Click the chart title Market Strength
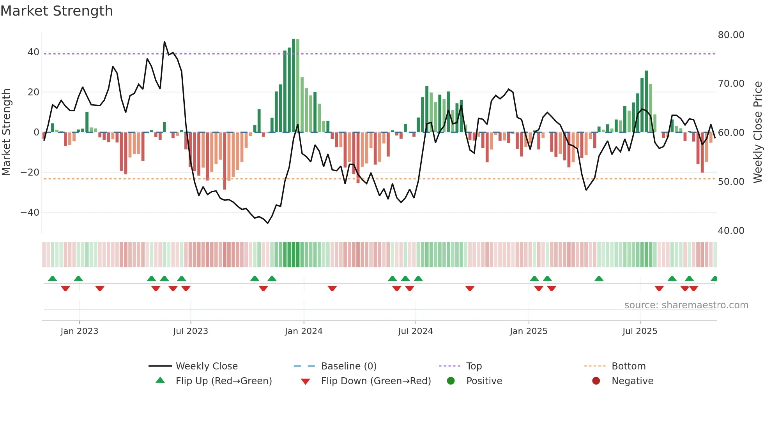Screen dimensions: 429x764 click(x=57, y=11)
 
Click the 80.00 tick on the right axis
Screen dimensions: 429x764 click(x=731, y=35)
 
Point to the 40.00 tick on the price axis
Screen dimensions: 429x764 click(x=731, y=231)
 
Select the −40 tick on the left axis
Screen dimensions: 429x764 click(x=30, y=213)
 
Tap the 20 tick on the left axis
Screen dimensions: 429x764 click(x=33, y=92)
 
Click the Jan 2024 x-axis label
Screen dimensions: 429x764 click(x=304, y=331)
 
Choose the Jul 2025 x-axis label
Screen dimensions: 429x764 click(x=640, y=331)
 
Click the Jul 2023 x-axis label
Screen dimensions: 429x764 click(x=191, y=331)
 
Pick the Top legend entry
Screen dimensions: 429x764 click(x=474, y=366)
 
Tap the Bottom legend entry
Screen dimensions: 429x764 click(x=628, y=366)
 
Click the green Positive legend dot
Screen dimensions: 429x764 click(x=451, y=381)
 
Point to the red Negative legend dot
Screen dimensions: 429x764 click(x=596, y=381)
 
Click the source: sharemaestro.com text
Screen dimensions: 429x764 click(x=686, y=305)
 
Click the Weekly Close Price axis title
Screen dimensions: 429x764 click(x=757, y=132)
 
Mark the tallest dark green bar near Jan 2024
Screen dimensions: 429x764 click(x=294, y=86)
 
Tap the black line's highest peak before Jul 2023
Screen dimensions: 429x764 click(x=164, y=42)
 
